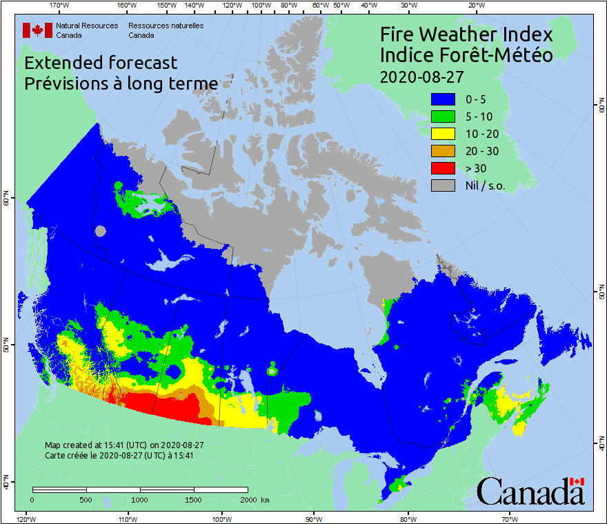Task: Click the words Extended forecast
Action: click(x=101, y=63)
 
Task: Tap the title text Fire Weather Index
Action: click(x=466, y=34)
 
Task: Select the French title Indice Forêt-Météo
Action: click(x=466, y=55)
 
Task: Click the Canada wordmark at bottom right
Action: click(x=530, y=491)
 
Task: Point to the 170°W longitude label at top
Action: click(x=60, y=6)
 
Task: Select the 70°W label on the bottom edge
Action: click(x=510, y=518)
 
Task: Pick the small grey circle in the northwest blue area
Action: click(x=101, y=232)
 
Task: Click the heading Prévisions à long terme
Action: click(x=121, y=83)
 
